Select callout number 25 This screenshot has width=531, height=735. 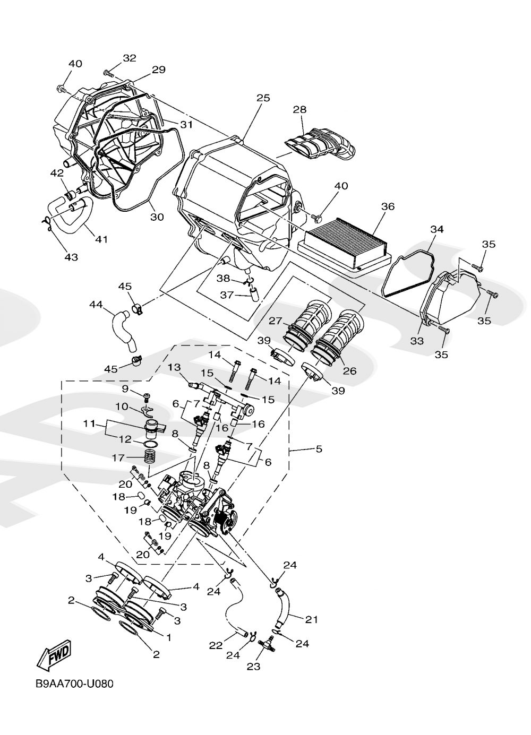(263, 98)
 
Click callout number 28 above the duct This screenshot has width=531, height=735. (300, 109)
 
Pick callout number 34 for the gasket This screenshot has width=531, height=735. (436, 229)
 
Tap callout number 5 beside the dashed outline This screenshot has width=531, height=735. (319, 449)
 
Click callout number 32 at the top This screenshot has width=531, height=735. (130, 58)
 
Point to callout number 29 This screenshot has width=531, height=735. (159, 70)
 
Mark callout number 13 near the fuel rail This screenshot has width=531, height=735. (175, 368)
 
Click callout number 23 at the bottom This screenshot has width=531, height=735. (254, 667)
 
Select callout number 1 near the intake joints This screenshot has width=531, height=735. (169, 636)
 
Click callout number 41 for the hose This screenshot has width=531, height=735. (101, 239)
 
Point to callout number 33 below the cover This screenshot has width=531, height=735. (417, 341)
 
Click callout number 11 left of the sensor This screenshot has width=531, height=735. (89, 424)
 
